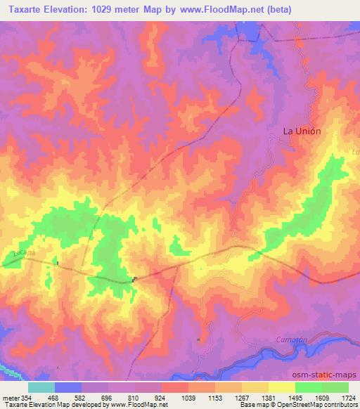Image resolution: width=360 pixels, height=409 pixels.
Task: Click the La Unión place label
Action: (302, 131)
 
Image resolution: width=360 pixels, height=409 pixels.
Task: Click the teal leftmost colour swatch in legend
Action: (41, 387)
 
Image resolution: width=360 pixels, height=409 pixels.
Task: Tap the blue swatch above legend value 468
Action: (68, 387)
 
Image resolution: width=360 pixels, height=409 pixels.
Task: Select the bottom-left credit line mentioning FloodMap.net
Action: (84, 405)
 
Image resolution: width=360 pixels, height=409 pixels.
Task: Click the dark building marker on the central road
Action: (134, 279)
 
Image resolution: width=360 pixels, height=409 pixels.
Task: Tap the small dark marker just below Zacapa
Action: (58, 264)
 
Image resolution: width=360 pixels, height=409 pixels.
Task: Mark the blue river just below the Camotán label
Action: (288, 349)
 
